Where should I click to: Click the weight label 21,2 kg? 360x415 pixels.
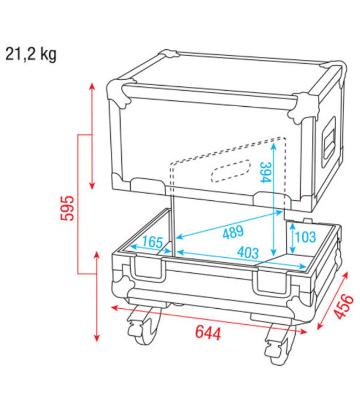(x=31, y=54)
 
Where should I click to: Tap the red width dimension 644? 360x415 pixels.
(x=208, y=333)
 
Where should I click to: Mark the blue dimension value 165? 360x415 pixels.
(x=152, y=242)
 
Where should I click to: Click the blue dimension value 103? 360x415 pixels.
(x=305, y=237)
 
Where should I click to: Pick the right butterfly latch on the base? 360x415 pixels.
(x=272, y=283)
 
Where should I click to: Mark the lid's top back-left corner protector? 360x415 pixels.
(x=168, y=56)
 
